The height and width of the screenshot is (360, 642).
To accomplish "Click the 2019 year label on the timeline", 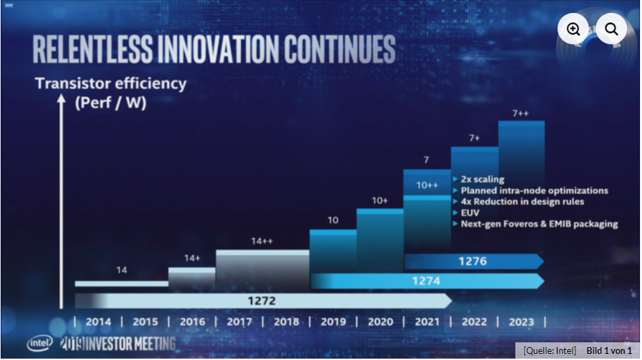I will (333, 322).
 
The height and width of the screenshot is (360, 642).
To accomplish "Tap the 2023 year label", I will (521, 322).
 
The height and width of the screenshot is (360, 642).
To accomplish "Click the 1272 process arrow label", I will (261, 301).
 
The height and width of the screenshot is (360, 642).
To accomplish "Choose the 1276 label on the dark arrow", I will (473, 261).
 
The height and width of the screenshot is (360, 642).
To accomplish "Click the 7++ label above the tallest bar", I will (521, 113).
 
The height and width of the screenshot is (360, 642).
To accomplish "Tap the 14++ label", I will (261, 241).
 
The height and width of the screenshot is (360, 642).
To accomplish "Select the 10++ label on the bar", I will (427, 185).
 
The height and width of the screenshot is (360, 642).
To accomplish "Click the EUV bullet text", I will (470, 212).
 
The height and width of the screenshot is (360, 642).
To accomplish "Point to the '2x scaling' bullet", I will (482, 180).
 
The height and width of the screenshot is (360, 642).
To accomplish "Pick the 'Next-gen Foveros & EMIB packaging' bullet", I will (539, 223).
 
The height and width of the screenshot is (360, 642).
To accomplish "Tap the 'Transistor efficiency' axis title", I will (110, 84).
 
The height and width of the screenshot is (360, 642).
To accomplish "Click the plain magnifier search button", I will (611, 29).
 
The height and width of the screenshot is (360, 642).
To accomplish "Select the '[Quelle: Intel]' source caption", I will (549, 350).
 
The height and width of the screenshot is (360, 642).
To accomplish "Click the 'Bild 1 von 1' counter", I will (609, 350).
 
